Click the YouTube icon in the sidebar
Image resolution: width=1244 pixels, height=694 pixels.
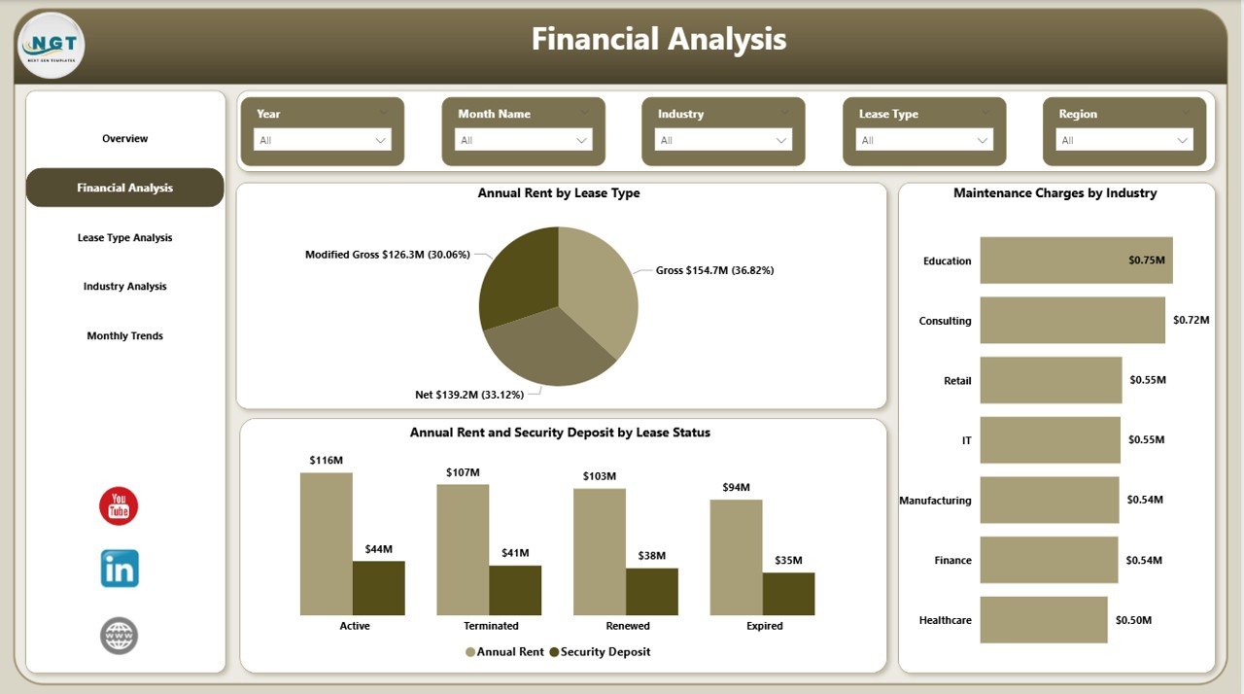pos(119,506)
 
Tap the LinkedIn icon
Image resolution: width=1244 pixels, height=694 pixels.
pos(120,569)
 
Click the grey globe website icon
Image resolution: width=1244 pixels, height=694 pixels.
pos(120,636)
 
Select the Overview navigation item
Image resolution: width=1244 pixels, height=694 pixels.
pos(125,139)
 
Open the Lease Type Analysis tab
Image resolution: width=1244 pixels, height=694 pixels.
pos(125,238)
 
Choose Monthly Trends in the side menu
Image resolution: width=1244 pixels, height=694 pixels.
pos(125,336)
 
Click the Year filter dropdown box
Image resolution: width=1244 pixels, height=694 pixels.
pos(323,140)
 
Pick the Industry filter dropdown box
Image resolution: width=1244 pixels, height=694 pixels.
pos(723,140)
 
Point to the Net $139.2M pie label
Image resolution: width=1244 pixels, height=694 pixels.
pos(469,395)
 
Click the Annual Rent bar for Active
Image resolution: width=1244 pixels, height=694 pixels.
pos(326,543)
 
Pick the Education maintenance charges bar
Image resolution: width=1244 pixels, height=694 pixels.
pos(1076,260)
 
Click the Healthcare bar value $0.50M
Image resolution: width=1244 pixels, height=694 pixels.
pos(1133,620)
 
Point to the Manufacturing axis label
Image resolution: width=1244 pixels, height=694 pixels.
pos(935,501)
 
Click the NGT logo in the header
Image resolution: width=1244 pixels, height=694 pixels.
pos(51,45)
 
